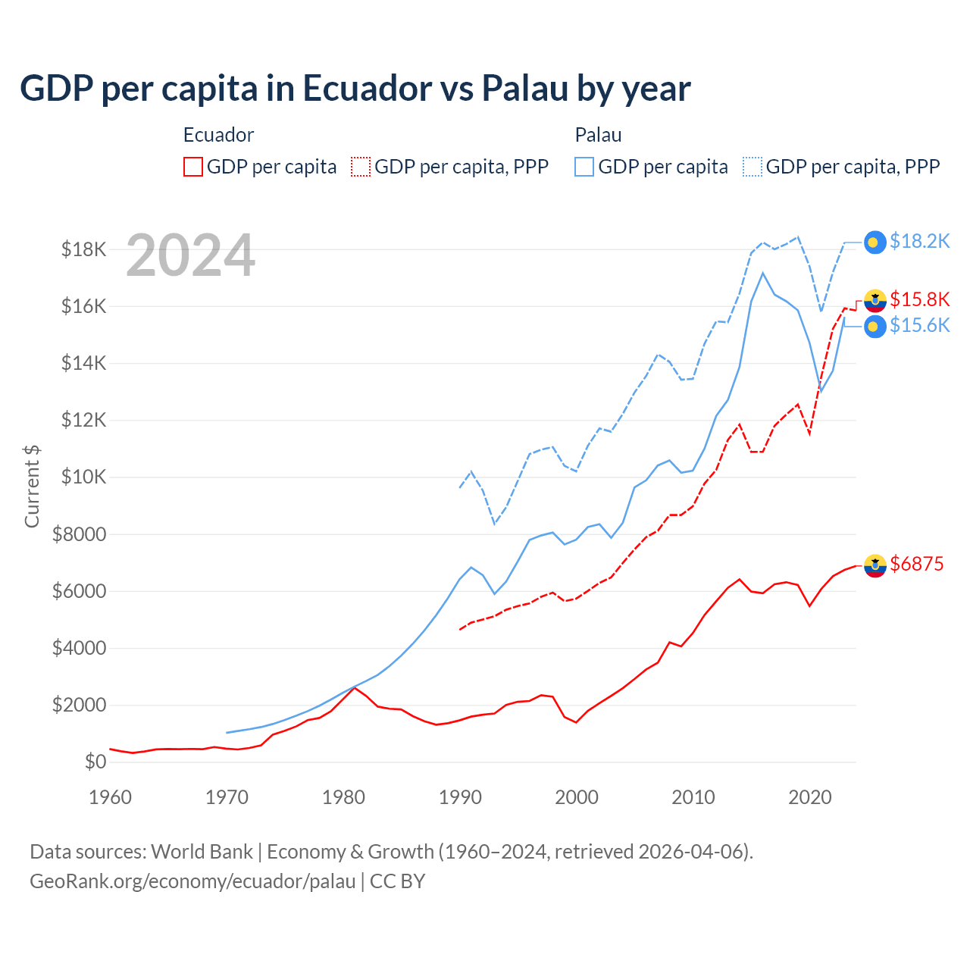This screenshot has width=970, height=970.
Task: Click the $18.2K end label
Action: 919,241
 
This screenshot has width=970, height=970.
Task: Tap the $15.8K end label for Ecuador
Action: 919,299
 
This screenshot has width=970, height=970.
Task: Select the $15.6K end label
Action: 919,325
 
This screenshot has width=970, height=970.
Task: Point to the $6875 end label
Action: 916,564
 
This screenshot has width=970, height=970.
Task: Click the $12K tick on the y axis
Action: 83,420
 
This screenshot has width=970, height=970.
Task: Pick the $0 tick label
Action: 95,762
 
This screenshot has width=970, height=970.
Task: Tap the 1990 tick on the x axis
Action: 460,797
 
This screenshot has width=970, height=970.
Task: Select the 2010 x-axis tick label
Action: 693,797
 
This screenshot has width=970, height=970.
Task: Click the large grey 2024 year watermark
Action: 190,255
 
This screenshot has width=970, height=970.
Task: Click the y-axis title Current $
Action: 32,486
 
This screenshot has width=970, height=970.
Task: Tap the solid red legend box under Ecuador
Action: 193,167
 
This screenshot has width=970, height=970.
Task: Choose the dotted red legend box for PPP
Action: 361,167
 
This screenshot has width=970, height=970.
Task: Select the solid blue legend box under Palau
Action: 584,167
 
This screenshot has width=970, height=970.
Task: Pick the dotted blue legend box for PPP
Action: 753,167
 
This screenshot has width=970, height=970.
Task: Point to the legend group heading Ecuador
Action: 218,135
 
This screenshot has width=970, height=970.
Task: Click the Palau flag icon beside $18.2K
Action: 875,242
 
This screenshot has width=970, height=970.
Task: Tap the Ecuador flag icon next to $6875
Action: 875,565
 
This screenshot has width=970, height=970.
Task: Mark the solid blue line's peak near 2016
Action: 762,273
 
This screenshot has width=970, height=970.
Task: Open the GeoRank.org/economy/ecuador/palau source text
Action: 192,881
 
